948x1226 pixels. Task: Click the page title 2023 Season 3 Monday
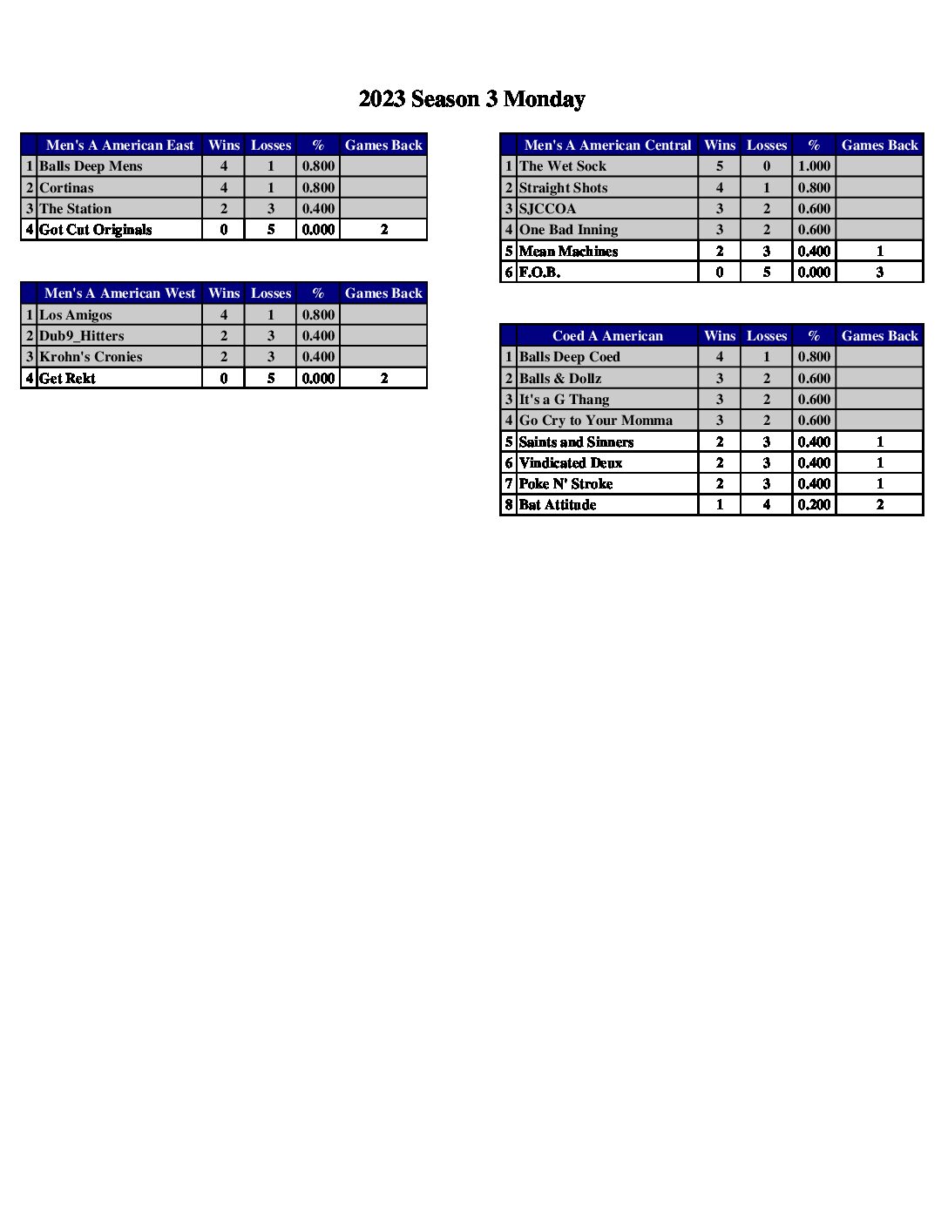471,99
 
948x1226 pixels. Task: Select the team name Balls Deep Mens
91,166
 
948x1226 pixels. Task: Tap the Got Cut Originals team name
96,230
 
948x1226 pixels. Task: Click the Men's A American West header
120,293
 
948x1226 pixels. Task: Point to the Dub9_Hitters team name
82,336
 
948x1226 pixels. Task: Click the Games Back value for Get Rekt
383,378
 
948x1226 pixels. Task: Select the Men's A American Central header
607,145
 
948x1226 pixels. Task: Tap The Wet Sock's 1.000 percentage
814,166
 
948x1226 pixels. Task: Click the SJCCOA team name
547,209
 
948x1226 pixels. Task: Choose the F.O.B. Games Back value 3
879,273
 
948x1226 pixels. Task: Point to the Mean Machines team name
568,252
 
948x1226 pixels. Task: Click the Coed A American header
607,336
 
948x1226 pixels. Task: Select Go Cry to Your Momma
596,421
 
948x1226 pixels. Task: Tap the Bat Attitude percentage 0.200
814,505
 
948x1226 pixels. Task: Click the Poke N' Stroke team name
565,484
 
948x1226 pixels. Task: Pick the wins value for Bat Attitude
720,505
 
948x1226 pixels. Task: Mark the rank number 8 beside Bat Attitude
509,505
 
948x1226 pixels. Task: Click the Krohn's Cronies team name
91,357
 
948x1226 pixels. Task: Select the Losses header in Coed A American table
767,336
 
